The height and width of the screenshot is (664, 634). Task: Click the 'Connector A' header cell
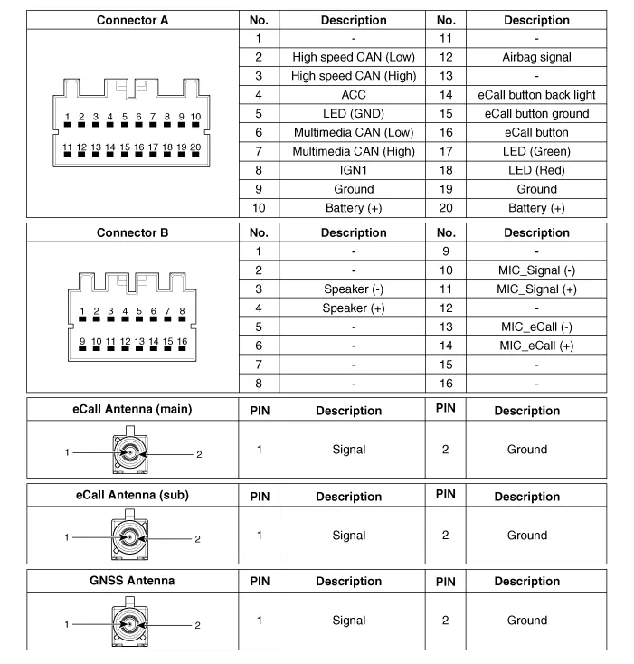coord(132,20)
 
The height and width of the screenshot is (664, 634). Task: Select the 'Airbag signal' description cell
coord(536,57)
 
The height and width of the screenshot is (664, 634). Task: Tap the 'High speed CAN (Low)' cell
coord(353,57)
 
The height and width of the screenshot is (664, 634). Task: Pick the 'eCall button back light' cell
coord(536,95)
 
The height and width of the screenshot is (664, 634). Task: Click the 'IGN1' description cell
coord(353,170)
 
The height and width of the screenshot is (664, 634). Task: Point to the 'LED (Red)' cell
coord(536,170)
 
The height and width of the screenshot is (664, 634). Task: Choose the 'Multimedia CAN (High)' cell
coord(353,151)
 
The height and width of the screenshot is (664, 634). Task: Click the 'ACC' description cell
coord(353,95)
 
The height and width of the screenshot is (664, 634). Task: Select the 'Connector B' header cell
coord(132,232)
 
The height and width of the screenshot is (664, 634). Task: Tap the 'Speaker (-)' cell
coord(353,289)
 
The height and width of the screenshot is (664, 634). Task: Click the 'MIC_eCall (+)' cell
coord(536,346)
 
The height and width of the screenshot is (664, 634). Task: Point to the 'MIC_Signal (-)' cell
coord(536,270)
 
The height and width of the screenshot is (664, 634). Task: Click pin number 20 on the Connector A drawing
coord(194,147)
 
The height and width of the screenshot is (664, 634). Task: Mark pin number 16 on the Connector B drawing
coord(182,342)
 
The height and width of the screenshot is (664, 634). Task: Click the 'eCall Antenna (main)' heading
coord(132,409)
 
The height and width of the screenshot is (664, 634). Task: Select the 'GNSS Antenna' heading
coord(132,580)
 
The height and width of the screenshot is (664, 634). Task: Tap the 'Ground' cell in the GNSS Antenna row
coord(526,621)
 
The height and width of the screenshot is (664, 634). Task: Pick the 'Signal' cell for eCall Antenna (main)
coord(348,450)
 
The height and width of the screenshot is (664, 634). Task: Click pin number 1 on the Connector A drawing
coord(68,118)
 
